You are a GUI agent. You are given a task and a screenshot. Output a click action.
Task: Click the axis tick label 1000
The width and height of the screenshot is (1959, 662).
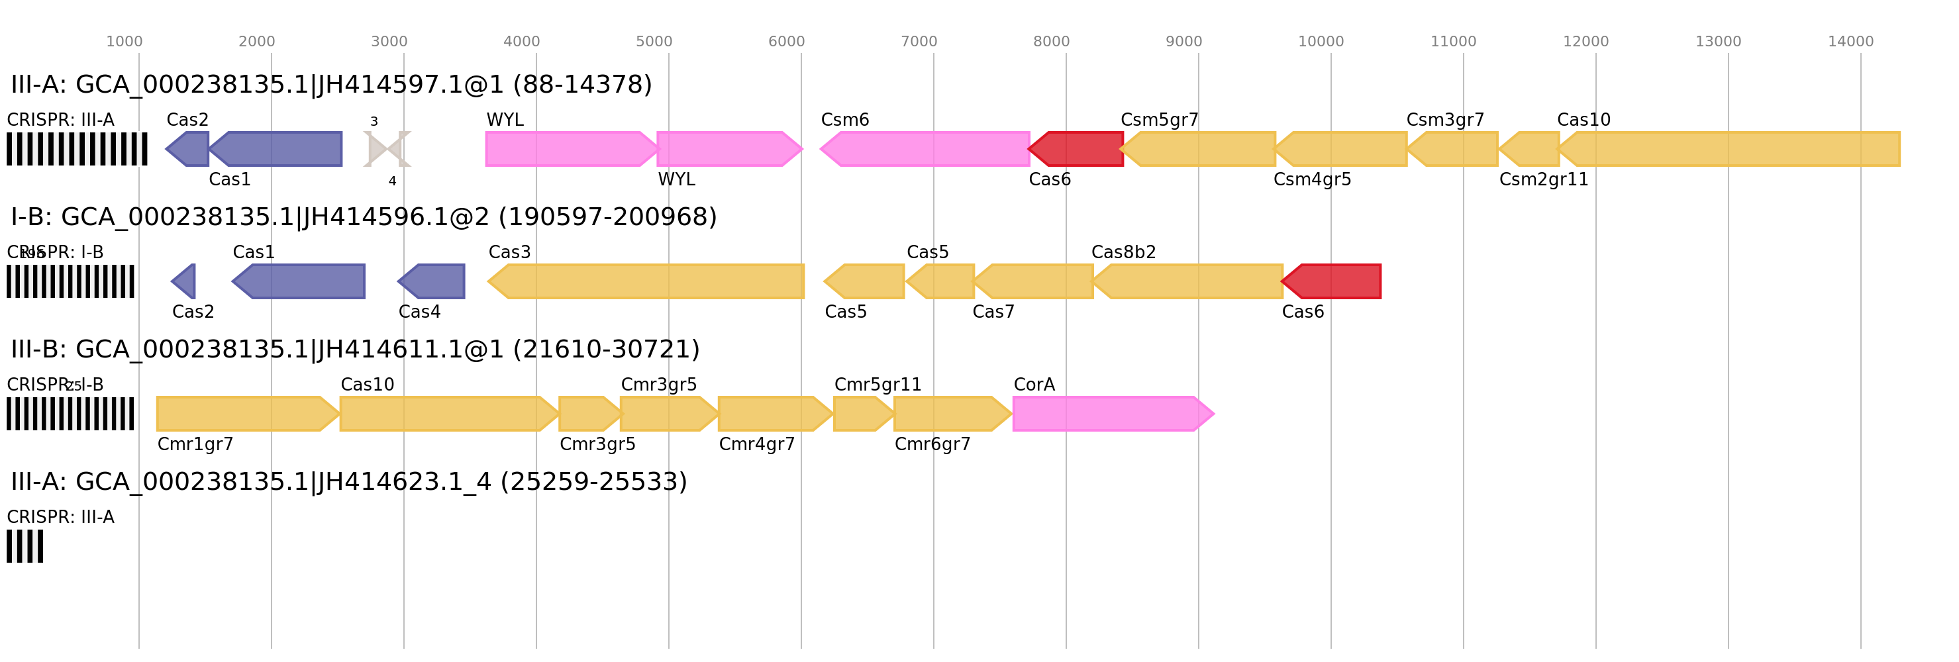124,42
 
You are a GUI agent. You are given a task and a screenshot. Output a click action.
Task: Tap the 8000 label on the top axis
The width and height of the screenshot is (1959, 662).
1051,42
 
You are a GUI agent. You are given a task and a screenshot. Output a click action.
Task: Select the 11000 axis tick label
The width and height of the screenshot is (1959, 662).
1452,42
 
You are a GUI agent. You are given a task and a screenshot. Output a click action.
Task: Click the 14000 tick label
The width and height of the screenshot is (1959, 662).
1850,42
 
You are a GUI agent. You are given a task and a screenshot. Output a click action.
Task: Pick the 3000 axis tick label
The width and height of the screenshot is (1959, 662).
389,42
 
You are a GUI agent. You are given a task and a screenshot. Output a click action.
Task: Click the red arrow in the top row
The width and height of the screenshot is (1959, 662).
1076,149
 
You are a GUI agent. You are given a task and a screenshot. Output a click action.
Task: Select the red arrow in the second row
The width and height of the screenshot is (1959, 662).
1332,281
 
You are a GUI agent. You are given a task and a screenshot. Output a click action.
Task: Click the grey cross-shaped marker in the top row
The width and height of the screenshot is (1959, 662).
387,149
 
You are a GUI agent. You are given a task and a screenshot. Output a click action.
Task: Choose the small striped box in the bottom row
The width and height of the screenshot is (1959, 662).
25,545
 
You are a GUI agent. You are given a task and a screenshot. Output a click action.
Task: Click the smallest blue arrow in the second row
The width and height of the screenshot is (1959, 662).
184,281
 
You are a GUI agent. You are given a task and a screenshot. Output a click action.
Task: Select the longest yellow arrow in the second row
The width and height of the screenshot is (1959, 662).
646,281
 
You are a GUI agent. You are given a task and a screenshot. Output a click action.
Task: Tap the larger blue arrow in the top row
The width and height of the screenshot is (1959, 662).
277,149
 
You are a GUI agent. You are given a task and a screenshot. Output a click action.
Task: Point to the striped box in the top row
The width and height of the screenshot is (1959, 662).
77,149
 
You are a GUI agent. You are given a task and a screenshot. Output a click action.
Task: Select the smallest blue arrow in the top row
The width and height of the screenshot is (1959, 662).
189,149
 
